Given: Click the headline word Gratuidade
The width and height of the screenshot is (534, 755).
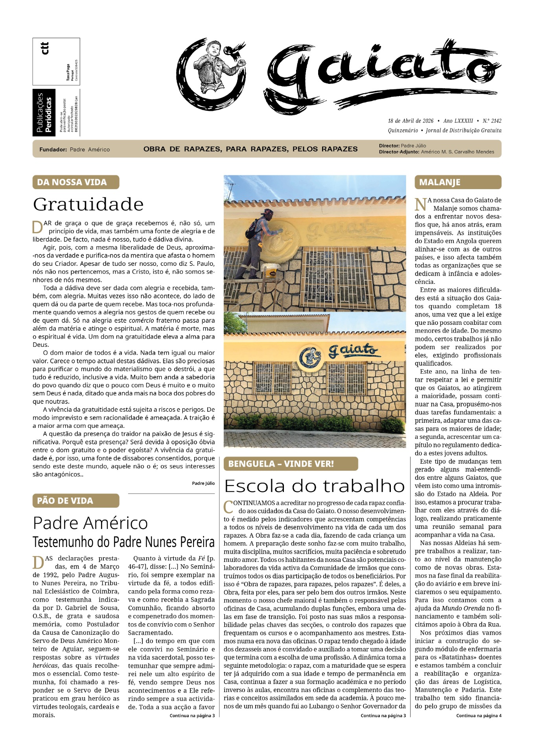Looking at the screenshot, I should (88, 204).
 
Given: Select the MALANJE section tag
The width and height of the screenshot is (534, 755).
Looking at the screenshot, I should (458, 182).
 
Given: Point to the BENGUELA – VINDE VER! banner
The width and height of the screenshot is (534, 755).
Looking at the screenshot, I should (291, 464).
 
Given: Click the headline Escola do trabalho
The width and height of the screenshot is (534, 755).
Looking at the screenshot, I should (314, 486).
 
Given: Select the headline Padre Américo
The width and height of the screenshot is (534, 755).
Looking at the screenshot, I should (90, 523).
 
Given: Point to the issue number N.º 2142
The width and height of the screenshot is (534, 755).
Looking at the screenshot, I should (492, 121).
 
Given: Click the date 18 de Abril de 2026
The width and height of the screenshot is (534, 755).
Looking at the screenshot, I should (411, 121).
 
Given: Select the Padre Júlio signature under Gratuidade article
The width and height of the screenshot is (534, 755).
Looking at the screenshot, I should (203, 483).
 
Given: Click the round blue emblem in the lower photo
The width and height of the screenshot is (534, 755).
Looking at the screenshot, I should (311, 357).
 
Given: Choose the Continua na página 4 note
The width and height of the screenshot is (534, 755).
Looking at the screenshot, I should (479, 716).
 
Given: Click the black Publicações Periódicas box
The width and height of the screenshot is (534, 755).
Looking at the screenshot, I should (44, 113).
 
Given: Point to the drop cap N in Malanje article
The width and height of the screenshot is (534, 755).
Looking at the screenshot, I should (421, 204).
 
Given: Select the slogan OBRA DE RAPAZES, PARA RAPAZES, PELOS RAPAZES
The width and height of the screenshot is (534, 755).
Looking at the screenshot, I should (250, 149).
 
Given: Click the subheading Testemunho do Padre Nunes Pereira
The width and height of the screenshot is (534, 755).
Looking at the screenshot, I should (123, 542).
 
